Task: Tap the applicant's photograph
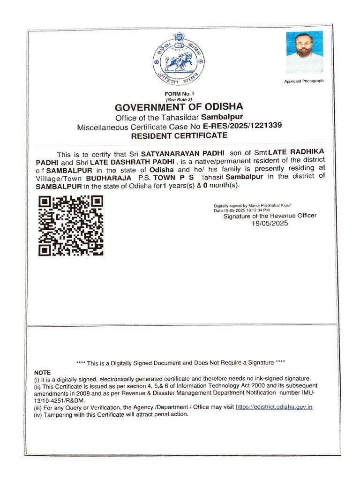[304, 52]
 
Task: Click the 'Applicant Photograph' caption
[304, 81]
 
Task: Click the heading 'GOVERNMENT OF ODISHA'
[179, 107]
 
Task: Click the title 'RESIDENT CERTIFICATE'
[179, 136]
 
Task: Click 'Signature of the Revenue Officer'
[270, 216]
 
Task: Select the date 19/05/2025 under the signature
[270, 224]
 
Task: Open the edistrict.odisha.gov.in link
[274, 407]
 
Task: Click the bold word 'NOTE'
[42, 372]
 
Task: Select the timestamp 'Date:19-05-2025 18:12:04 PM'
[242, 210]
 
